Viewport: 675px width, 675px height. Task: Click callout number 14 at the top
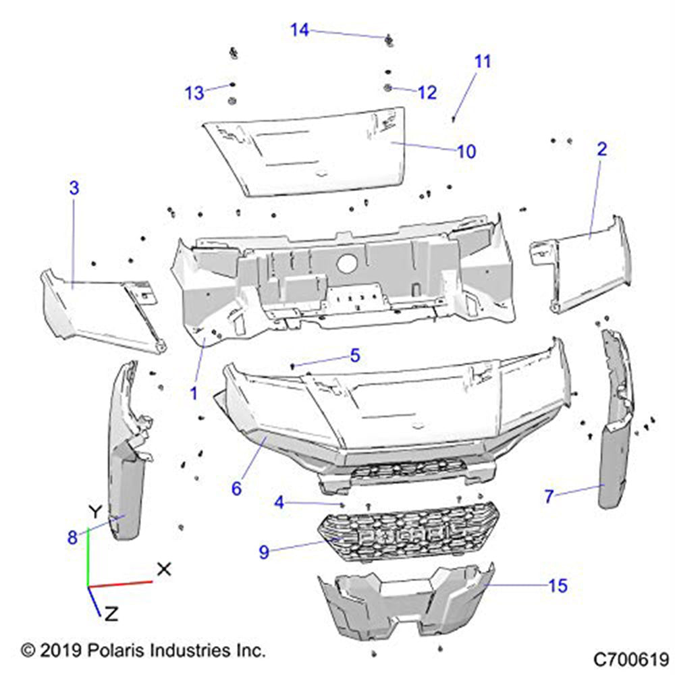click(300, 30)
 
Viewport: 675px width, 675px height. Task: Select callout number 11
click(482, 61)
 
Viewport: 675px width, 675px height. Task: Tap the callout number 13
click(194, 93)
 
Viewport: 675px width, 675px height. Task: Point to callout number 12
click(427, 92)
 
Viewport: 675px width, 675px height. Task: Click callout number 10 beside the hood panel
click(466, 151)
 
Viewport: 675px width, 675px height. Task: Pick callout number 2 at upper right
click(601, 149)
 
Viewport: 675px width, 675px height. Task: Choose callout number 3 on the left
click(74, 188)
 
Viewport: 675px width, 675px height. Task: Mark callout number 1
click(194, 392)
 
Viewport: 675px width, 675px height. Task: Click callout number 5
click(354, 355)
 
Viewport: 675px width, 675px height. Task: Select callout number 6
click(236, 487)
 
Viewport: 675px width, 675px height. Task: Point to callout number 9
click(264, 552)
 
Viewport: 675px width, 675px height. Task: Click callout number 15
click(558, 586)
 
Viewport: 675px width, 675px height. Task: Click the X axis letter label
click(163, 569)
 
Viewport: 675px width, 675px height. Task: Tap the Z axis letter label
click(112, 614)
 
